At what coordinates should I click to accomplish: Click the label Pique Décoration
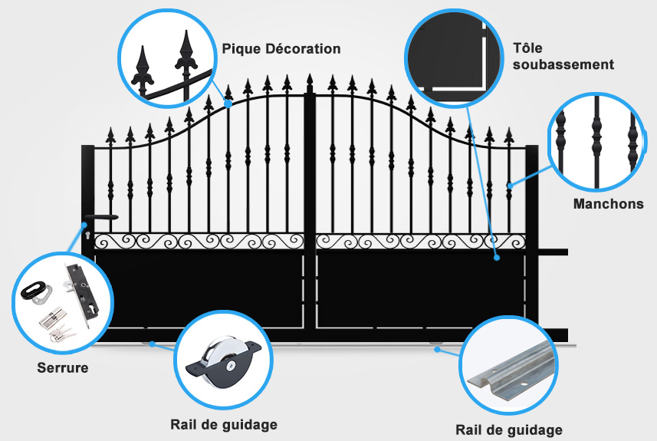tap(281, 48)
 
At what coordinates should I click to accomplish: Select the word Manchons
tap(609, 204)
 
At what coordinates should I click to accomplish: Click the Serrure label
tap(63, 368)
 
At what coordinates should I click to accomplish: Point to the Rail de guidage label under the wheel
tap(223, 424)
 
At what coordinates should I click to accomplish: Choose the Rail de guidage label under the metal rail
tap(508, 429)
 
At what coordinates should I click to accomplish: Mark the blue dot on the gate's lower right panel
tap(497, 258)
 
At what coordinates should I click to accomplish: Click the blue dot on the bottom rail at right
tap(438, 350)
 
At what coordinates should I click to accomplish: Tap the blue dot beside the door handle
tap(85, 225)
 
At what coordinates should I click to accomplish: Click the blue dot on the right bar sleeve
tap(509, 185)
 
